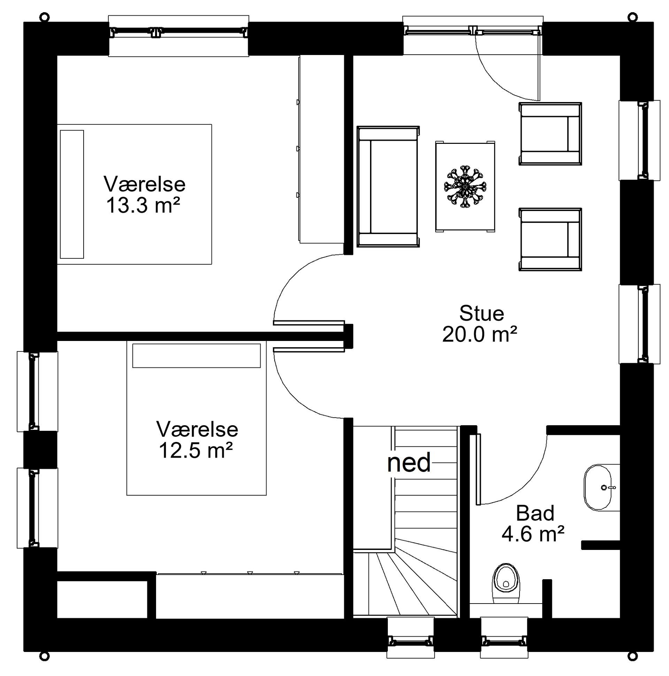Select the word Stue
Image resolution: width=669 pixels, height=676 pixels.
[481, 313]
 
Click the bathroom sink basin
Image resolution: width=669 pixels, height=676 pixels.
[598, 487]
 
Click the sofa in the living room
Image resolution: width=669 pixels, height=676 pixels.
[388, 186]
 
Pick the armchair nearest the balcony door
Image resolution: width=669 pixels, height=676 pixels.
[549, 134]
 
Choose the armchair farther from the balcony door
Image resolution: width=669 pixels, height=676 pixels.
[549, 239]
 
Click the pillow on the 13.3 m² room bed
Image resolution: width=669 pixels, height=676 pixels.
[72, 194]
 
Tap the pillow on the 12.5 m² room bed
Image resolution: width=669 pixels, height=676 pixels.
[197, 356]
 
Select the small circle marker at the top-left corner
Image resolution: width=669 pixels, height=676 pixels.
[44, 16]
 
